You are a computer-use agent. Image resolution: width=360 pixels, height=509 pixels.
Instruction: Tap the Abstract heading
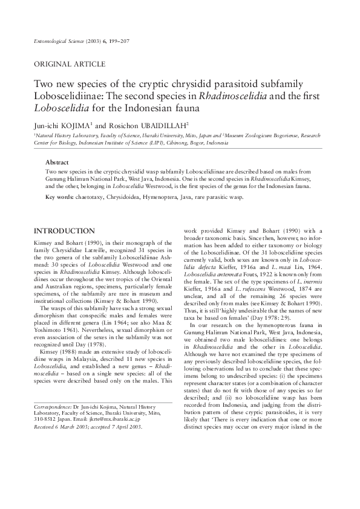tap(57, 163)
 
